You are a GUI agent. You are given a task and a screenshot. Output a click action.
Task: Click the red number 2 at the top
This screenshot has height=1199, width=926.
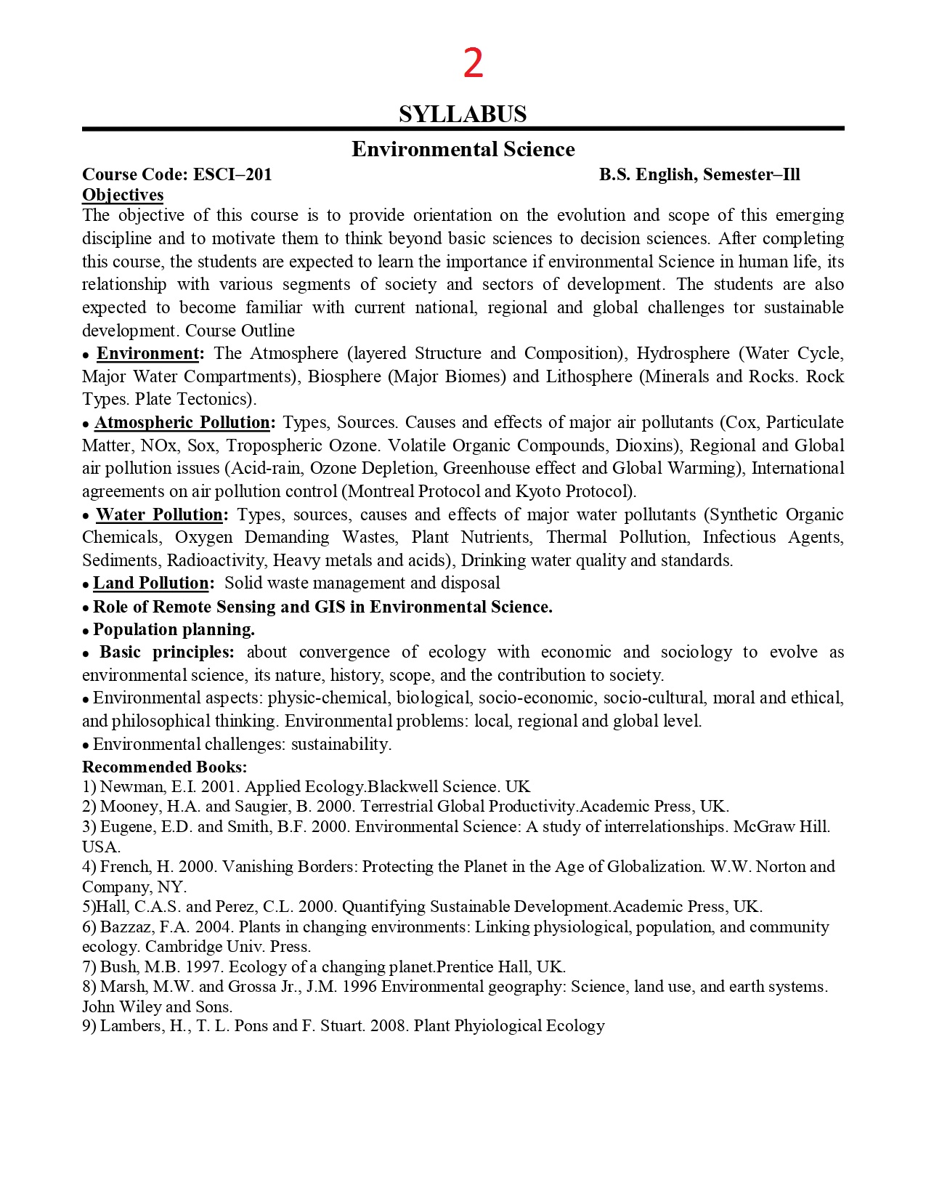pos(473,64)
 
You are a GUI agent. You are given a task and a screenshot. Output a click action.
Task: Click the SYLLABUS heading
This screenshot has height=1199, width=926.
pos(463,114)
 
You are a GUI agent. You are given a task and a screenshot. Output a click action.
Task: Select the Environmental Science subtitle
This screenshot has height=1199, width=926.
pos(463,149)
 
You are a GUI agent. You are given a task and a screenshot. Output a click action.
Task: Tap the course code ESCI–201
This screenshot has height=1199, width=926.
pos(232,174)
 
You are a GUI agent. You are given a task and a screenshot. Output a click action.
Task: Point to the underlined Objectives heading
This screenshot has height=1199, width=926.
pos(123,195)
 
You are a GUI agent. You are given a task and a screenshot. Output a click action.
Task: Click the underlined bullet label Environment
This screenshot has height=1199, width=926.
pos(148,354)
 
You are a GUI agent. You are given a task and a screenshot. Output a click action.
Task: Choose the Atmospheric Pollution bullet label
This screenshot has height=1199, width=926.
pos(182,423)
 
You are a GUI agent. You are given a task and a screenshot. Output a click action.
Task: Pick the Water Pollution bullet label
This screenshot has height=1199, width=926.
pos(159,515)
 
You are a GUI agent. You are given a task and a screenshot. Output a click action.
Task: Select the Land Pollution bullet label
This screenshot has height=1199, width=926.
pos(151,584)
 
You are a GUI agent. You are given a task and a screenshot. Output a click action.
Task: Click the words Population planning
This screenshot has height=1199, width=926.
pos(174,629)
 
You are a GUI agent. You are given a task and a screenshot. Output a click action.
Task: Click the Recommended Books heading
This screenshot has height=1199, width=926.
pos(164,767)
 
